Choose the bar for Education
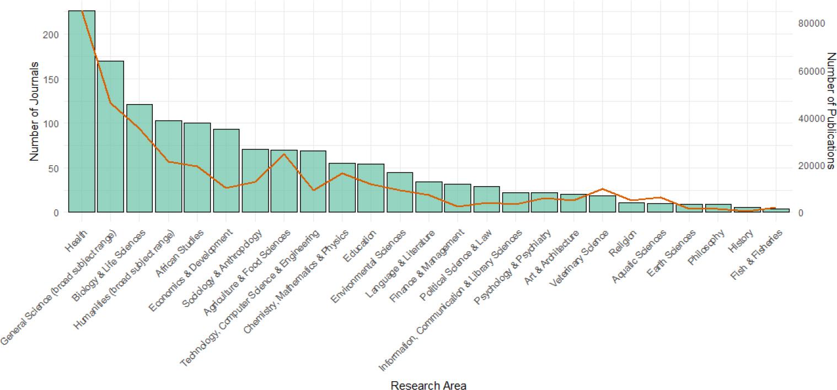coord(371,188)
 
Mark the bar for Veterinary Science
coord(602,204)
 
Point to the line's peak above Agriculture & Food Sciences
coord(284,154)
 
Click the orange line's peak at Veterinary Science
coord(602,189)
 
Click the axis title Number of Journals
coord(34,112)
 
